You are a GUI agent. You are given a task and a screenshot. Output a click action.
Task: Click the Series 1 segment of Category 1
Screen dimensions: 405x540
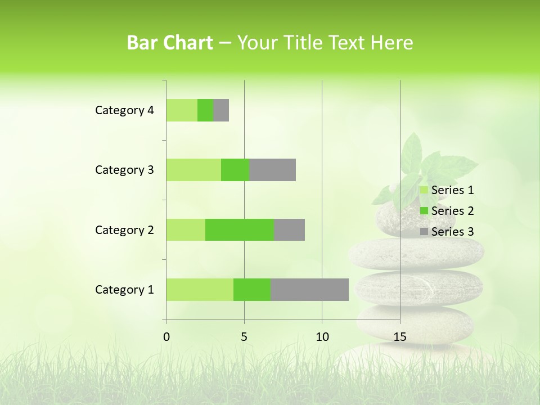click(200, 290)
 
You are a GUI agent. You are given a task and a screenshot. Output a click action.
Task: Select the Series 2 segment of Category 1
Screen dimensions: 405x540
click(252, 290)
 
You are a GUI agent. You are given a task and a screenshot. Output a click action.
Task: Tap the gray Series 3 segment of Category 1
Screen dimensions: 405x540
click(309, 290)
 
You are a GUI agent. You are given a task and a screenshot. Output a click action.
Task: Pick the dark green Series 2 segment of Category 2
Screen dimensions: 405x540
click(240, 229)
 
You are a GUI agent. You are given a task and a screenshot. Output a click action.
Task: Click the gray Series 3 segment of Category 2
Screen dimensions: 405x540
click(289, 229)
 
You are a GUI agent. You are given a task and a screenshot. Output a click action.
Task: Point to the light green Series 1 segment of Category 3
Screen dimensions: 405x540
click(193, 170)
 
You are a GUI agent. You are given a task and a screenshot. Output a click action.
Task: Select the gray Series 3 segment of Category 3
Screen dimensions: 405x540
click(272, 170)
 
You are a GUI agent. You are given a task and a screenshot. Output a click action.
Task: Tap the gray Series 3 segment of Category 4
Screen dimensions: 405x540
click(221, 110)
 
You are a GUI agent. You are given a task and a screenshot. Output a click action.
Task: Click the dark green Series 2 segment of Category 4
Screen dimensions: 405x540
click(205, 110)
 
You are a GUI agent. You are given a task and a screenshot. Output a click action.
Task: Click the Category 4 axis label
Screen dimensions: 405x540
click(124, 110)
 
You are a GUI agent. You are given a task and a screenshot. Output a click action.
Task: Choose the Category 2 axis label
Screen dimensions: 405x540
click(124, 229)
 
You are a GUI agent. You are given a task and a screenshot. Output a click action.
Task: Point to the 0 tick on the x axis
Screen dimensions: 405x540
click(166, 337)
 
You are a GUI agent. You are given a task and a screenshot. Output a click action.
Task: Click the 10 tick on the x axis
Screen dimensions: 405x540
click(322, 337)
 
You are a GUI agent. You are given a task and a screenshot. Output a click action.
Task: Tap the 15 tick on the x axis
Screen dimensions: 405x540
click(399, 337)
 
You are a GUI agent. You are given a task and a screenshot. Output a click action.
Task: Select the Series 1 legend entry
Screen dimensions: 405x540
click(447, 190)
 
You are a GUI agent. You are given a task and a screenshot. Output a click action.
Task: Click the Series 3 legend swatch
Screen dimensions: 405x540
click(424, 232)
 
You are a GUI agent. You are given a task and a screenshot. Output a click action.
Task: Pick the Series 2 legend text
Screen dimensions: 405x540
click(452, 211)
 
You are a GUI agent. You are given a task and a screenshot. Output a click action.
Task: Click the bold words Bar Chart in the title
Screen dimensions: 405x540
click(170, 43)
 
